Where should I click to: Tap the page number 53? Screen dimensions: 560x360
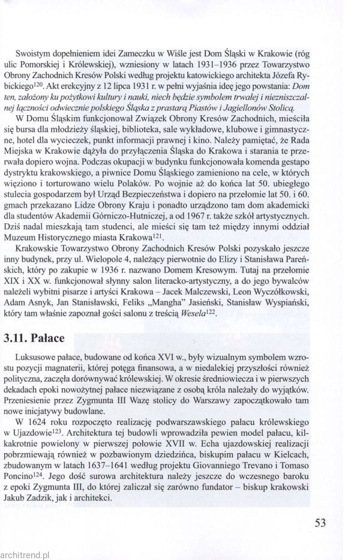click(319, 522)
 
